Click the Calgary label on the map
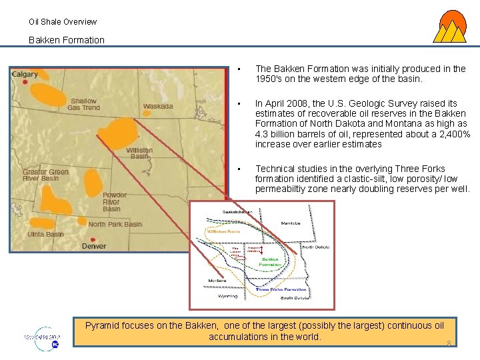pos(25,74)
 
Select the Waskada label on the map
pos(158,106)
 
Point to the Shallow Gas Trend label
pos(84,104)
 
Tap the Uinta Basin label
pos(45,234)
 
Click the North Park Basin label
pos(115,225)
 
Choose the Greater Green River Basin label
pos(45,175)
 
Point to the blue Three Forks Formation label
pos(281,290)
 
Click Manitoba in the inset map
pos(291,223)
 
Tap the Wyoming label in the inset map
pos(228,297)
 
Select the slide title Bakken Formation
pos(67,40)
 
